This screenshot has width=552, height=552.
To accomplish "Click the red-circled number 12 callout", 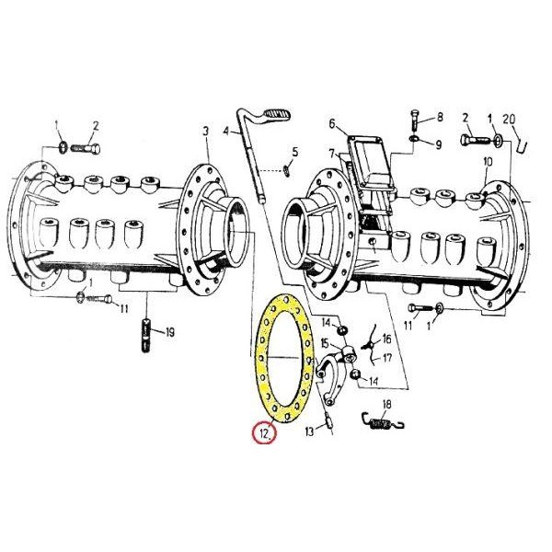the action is [x=264, y=432].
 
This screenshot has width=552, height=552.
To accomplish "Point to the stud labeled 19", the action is [x=145, y=336].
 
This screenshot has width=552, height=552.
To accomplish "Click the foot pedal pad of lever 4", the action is [x=278, y=114].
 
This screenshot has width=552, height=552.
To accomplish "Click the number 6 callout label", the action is [x=333, y=124].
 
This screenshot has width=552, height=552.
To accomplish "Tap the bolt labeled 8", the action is [x=415, y=121].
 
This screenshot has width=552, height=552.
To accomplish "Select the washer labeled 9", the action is [x=414, y=139].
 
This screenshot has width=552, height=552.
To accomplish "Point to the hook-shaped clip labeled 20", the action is [x=522, y=145].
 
